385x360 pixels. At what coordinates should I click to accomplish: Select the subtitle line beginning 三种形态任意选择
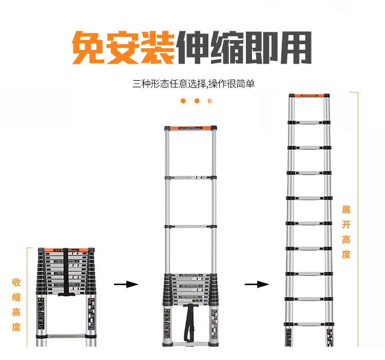[x=193, y=84]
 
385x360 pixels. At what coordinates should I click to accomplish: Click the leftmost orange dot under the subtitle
[x=183, y=101]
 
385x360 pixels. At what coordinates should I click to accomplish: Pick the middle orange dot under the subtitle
[x=197, y=101]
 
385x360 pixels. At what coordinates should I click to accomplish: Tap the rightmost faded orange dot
[x=210, y=101]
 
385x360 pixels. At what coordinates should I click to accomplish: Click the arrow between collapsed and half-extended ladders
[x=126, y=284]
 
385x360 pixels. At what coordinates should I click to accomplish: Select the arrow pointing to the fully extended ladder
[x=257, y=284]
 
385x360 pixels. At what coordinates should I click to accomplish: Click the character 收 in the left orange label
[x=16, y=282]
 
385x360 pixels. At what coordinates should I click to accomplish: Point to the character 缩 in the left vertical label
[x=16, y=297]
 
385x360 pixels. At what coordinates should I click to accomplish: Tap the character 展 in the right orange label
[x=346, y=210]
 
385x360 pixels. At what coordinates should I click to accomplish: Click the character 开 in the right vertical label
[x=346, y=224]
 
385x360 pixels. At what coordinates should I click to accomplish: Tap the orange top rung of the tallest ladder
[x=309, y=96]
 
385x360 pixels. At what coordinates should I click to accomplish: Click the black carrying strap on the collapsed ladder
[x=66, y=272]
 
